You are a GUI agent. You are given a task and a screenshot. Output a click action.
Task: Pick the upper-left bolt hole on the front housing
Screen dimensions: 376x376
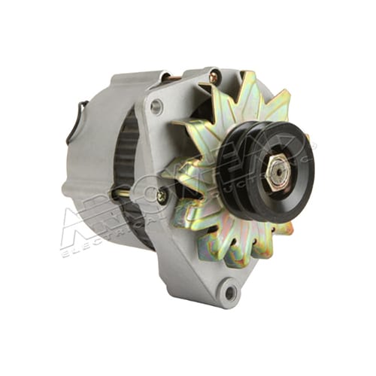[156, 108]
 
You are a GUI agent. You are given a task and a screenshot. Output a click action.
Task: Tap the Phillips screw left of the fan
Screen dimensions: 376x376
[162, 196]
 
